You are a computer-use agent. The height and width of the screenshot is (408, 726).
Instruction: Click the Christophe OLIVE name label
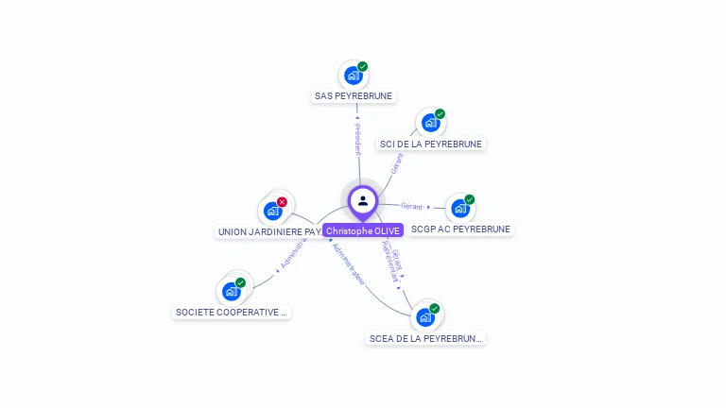(x=363, y=230)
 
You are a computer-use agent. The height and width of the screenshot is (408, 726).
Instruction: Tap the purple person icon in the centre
(x=363, y=200)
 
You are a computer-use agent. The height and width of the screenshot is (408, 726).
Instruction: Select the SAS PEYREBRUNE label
(x=354, y=95)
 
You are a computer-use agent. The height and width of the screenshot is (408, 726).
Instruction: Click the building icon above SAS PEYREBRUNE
(x=353, y=76)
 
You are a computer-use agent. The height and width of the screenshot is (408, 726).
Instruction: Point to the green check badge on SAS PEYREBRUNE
(x=362, y=67)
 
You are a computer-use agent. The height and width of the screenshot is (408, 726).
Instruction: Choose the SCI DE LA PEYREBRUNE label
(x=431, y=144)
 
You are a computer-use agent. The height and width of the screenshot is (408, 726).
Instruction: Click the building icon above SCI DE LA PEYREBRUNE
(x=430, y=123)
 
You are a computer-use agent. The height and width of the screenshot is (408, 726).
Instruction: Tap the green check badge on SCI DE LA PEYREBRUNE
(x=440, y=114)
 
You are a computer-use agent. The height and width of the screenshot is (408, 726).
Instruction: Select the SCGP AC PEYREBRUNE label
(x=460, y=229)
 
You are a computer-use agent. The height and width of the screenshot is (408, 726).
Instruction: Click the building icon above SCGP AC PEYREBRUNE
(x=459, y=208)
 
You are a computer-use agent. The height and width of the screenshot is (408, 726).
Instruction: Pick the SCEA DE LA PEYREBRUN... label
(x=425, y=338)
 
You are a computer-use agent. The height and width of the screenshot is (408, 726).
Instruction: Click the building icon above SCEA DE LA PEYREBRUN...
(x=425, y=317)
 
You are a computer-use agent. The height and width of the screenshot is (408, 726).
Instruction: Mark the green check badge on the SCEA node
(x=435, y=308)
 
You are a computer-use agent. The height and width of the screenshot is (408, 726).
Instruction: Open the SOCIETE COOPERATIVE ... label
(x=232, y=312)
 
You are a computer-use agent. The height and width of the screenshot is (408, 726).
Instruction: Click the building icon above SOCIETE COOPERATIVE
(x=231, y=292)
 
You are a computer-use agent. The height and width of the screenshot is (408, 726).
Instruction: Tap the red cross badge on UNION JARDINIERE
(x=282, y=201)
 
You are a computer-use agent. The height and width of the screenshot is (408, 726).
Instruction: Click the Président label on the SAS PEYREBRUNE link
(x=357, y=138)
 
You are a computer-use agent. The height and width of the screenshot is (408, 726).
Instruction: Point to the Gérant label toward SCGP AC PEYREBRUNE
(x=411, y=206)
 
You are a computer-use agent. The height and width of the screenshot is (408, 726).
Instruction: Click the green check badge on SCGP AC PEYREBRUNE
(x=469, y=199)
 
